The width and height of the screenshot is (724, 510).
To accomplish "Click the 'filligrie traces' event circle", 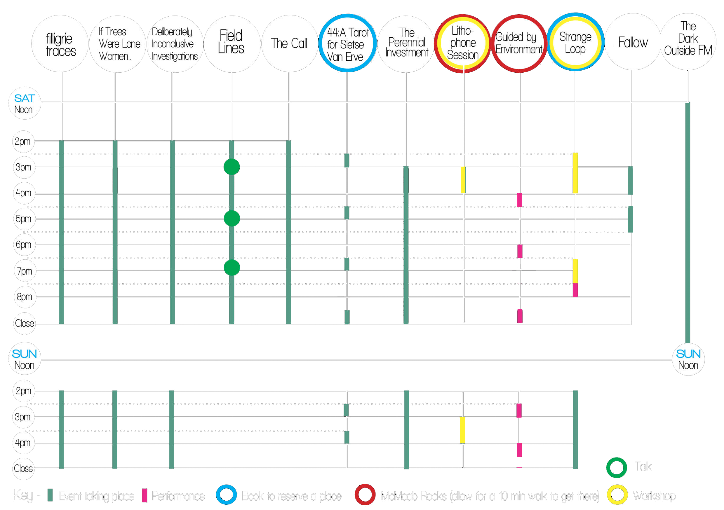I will click(60, 43).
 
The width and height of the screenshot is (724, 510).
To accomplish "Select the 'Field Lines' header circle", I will click(232, 43).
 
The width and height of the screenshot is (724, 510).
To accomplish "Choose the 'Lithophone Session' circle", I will click(463, 43).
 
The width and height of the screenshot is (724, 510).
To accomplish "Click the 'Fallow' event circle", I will click(633, 42).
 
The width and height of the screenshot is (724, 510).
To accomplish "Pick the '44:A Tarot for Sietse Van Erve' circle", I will click(347, 43).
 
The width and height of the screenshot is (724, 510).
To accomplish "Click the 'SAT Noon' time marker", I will click(24, 103).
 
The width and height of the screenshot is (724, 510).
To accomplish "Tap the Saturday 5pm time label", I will click(24, 219).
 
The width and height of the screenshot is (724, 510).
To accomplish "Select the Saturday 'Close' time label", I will click(24, 323).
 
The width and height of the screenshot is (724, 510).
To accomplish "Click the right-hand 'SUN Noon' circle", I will click(688, 359).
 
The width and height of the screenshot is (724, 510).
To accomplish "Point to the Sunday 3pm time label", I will click(23, 417).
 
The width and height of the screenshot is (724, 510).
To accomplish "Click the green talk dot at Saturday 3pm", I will click(232, 167).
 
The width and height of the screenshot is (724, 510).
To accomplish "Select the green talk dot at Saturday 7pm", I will click(232, 268).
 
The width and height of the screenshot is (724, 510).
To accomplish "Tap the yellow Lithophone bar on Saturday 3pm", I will click(463, 180).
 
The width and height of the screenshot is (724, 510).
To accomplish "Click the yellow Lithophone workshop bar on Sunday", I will click(462, 430).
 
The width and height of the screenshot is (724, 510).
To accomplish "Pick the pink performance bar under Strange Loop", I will click(575, 290).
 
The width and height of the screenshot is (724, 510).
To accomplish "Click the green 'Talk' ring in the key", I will click(617, 467).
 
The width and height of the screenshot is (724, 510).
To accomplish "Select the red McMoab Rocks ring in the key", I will click(365, 495).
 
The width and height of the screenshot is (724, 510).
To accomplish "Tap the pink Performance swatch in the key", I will click(145, 495).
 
